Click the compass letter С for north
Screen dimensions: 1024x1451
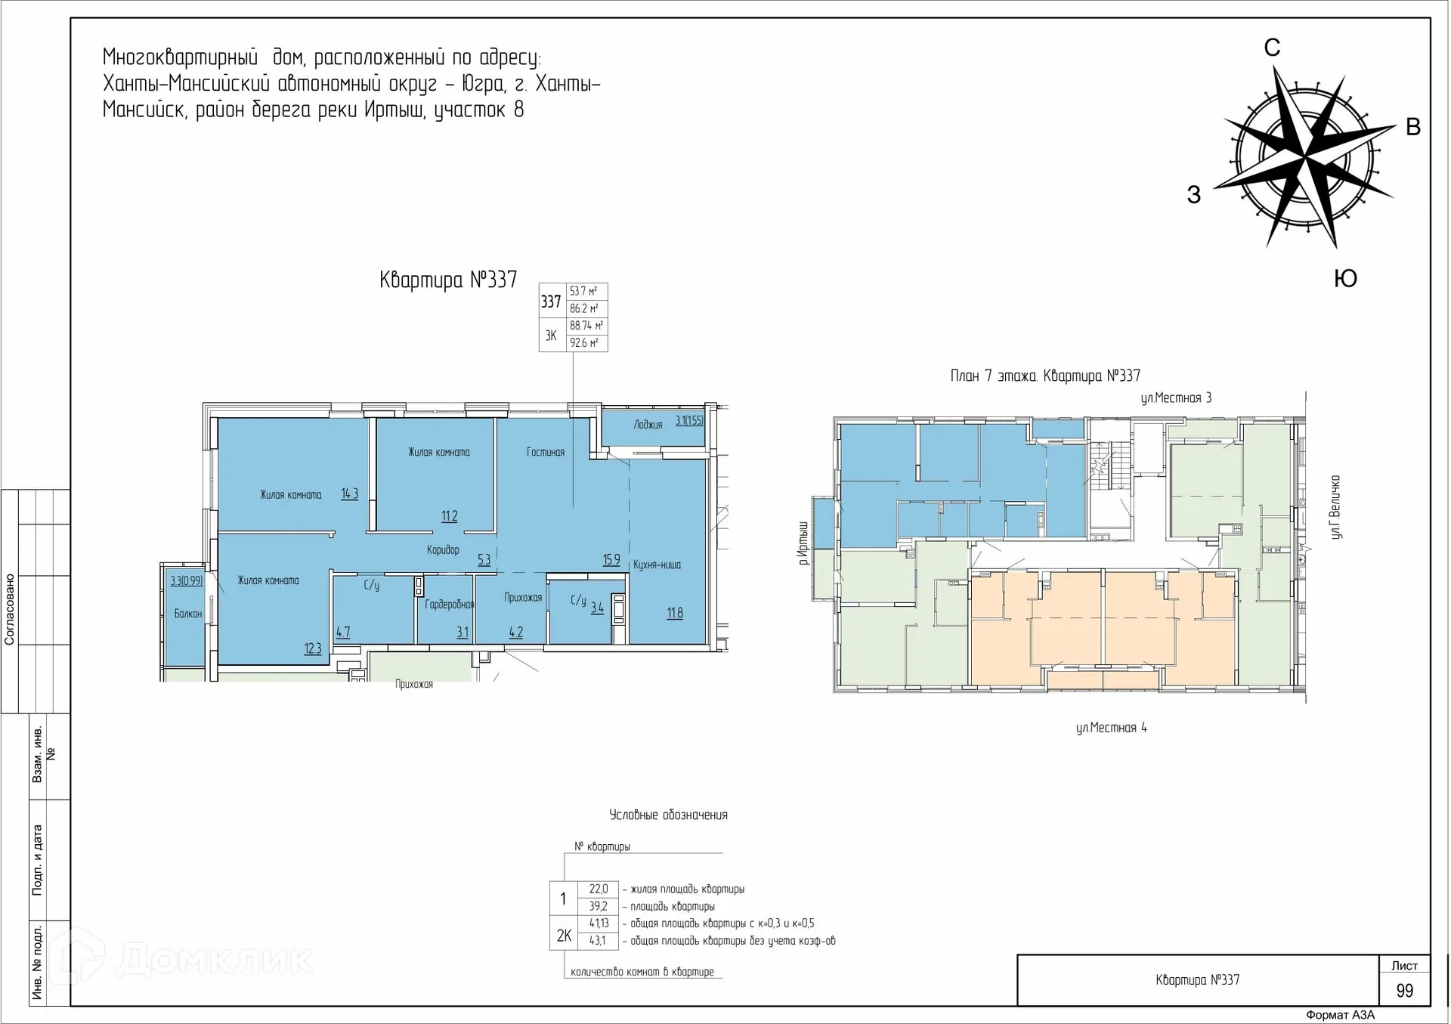[1272, 48]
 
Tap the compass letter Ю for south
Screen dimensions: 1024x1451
[1345, 278]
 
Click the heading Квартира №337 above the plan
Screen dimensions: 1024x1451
[448, 280]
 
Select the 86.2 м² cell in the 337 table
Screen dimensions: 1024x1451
[584, 308]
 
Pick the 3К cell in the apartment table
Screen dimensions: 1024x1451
[551, 336]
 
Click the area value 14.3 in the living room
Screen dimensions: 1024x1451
[349, 494]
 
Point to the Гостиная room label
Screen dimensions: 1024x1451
[546, 452]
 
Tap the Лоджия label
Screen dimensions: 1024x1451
[648, 425]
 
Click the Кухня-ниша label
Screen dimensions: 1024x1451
[657, 565]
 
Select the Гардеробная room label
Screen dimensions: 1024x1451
[449, 604]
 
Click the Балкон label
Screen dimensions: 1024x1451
[187, 614]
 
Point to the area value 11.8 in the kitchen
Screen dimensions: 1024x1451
[675, 613]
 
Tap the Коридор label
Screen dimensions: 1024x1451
[443, 549]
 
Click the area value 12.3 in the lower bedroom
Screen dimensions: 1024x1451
[313, 648]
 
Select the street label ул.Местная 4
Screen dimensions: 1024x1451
[1111, 728]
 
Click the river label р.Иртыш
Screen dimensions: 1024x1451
[803, 543]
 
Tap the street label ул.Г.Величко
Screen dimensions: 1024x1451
[1336, 506]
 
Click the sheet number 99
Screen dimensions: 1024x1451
[1404, 991]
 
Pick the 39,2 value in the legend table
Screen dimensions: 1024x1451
[598, 906]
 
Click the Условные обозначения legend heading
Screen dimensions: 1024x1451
[668, 815]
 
